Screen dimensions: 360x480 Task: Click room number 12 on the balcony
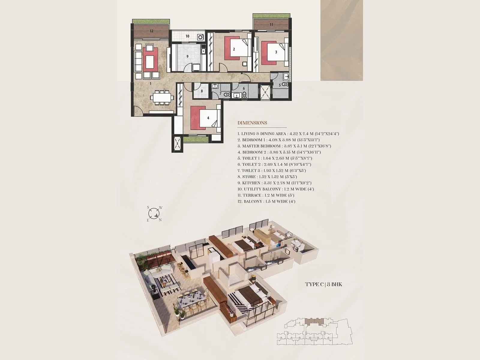(x=151, y=31)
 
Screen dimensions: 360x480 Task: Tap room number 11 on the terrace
(x=271, y=25)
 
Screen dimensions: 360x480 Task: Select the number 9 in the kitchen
(x=187, y=56)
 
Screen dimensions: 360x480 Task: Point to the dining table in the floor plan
(x=162, y=97)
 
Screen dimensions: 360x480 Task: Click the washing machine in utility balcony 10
(x=200, y=37)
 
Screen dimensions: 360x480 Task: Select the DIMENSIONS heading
(x=252, y=123)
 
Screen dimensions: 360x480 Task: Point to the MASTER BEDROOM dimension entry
(x=284, y=146)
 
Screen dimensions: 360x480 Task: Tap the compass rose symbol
(x=154, y=213)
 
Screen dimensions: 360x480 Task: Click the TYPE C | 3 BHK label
(x=323, y=284)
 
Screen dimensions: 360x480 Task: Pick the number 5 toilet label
(x=280, y=85)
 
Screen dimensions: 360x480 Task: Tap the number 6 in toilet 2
(x=244, y=88)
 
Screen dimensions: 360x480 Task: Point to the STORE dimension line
(x=267, y=177)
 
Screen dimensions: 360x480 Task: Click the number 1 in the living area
(x=151, y=84)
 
